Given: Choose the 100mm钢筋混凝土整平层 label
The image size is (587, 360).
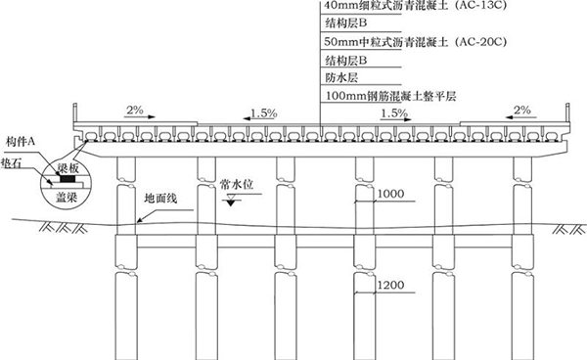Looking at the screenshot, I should (390, 95).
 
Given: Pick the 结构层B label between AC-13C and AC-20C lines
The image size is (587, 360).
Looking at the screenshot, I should (344, 25).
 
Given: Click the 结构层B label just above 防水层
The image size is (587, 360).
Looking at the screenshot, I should (344, 61).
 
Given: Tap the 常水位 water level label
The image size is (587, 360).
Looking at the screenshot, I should (237, 183).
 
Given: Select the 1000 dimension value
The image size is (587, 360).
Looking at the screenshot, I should (387, 194).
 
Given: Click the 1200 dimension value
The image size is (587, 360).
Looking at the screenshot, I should (387, 286).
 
